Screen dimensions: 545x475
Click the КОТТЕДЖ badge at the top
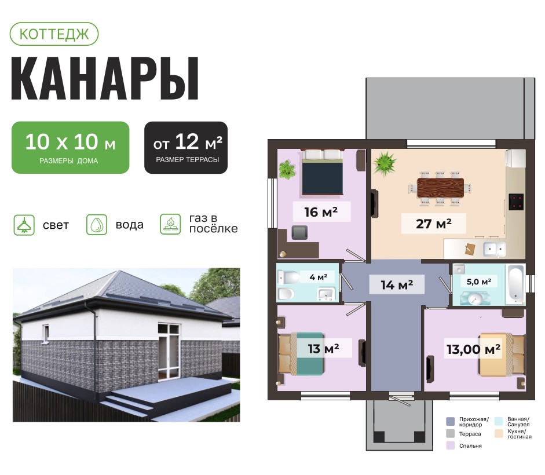point(54,34)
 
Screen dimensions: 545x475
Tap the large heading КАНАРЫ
point(105,79)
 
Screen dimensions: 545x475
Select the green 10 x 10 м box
point(70,148)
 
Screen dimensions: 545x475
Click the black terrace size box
point(186,148)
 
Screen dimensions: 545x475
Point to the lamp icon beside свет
point(24,225)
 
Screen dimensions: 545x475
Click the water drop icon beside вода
point(97,225)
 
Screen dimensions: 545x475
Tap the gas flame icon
point(170,224)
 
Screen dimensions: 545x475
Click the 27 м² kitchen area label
point(433,224)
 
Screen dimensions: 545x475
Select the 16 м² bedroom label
point(321,212)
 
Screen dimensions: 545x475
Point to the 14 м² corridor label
point(397,285)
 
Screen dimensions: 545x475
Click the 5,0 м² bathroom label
point(479,282)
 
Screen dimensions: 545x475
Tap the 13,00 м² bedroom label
point(474,349)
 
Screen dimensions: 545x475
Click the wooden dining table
point(440,188)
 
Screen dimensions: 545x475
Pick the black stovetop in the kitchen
point(516,202)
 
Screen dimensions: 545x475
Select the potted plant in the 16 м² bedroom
point(287,169)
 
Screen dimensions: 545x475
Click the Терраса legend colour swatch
point(451,434)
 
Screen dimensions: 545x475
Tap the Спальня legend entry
point(464,445)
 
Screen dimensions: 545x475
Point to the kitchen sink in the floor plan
point(495,249)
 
